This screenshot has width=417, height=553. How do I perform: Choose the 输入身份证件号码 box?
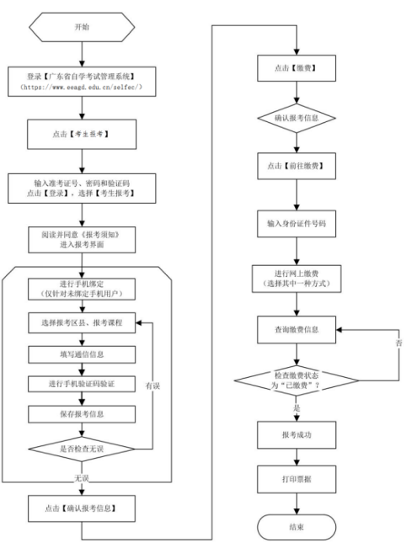point(297,225)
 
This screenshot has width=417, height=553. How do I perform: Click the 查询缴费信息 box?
point(297,330)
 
